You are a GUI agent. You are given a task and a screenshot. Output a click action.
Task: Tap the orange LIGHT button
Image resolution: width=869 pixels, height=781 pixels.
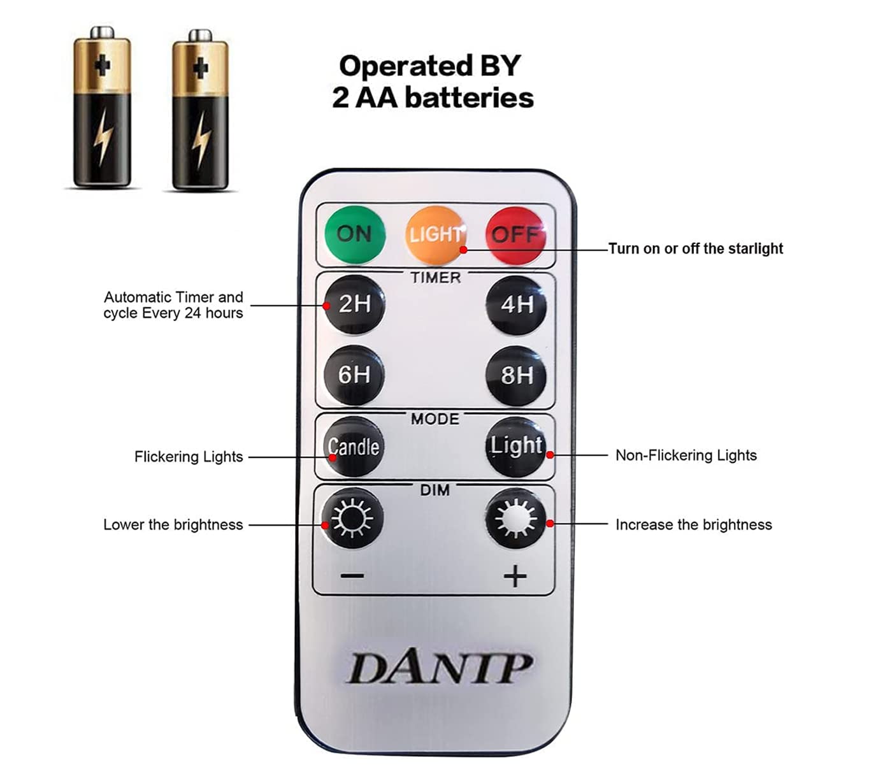tap(435, 235)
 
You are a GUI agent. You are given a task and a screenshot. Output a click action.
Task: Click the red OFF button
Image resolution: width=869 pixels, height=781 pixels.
tap(515, 235)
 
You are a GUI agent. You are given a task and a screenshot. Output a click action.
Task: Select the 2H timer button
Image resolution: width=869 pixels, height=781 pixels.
tap(354, 305)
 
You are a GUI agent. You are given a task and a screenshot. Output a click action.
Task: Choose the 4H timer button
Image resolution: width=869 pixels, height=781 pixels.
tap(516, 305)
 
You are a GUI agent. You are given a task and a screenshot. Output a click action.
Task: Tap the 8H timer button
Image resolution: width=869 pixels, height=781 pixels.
tap(516, 375)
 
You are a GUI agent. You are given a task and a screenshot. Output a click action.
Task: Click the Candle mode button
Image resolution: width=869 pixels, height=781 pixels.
tap(354, 447)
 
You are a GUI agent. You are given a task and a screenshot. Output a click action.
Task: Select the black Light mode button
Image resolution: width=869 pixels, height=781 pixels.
tap(516, 446)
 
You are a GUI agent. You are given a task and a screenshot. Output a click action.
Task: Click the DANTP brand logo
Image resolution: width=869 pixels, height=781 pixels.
tap(439, 668)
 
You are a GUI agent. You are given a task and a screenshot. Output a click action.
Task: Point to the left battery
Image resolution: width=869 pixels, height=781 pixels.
tap(102, 108)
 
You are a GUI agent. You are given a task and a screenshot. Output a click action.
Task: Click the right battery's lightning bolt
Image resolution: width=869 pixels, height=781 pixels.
tap(201, 140)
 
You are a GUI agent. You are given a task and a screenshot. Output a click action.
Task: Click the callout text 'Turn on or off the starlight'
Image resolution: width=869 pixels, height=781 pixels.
tap(695, 248)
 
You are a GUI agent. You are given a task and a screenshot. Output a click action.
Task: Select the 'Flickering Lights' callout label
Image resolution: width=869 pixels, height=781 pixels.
tap(189, 457)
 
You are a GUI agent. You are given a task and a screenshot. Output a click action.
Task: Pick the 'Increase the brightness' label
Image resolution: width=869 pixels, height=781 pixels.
tap(693, 525)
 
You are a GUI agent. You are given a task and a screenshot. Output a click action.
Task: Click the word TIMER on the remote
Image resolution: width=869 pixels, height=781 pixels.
tap(435, 278)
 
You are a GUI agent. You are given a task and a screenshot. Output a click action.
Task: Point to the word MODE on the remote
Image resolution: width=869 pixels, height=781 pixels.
tap(434, 419)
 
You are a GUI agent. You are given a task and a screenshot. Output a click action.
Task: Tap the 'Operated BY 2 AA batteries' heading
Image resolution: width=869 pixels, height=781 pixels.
tap(432, 82)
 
